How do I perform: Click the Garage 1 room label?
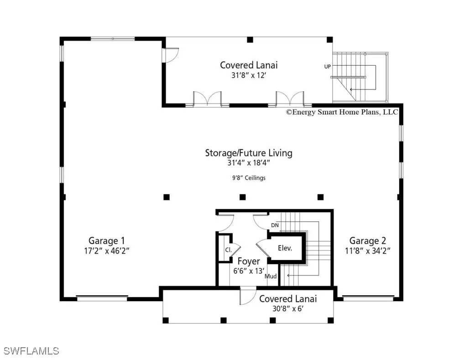[107, 240]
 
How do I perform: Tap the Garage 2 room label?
[367, 240]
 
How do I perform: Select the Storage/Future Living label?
[249, 153]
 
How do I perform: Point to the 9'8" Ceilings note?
[249, 178]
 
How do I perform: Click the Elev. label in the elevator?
[285, 248]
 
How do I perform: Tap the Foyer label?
[249, 261]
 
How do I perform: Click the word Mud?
[271, 277]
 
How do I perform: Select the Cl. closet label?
[229, 250]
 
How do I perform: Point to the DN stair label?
[275, 225]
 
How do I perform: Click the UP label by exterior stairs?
[328, 67]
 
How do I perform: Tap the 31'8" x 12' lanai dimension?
[249, 75]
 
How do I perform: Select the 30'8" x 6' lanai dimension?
[288, 309]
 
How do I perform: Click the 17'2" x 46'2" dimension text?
[107, 251]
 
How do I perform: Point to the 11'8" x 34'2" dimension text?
[367, 251]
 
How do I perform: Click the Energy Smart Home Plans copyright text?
[342, 112]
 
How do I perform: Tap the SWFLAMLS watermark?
[31, 351]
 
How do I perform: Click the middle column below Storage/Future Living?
[243, 197]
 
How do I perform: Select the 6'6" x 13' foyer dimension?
[249, 271]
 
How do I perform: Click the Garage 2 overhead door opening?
[368, 298]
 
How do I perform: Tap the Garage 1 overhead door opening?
[102, 298]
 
